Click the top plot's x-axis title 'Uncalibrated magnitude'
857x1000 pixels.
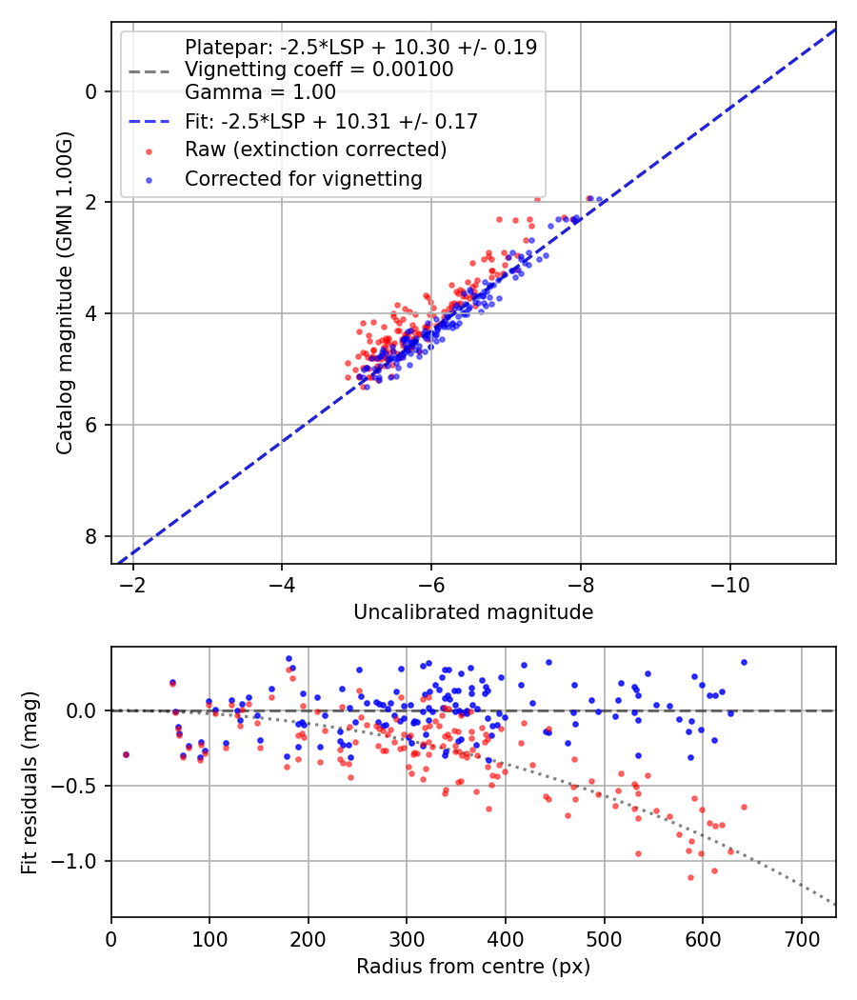coord(473,612)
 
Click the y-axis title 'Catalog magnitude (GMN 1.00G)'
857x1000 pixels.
coord(64,296)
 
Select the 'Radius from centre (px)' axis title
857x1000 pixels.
coord(473,967)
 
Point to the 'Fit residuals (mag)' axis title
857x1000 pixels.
coord(30,782)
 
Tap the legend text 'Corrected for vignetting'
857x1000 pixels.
coord(303,178)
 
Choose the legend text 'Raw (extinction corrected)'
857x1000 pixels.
coord(315,150)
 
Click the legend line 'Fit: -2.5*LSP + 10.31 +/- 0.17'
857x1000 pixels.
coord(330,121)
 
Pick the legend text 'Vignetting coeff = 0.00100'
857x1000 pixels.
coord(319,70)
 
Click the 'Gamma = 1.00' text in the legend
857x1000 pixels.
coord(260,92)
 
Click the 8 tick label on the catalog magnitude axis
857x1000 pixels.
coord(92,536)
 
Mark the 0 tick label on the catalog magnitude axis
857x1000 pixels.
coord(92,91)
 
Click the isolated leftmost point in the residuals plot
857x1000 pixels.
coord(126,754)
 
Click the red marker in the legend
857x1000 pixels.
coord(149,150)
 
